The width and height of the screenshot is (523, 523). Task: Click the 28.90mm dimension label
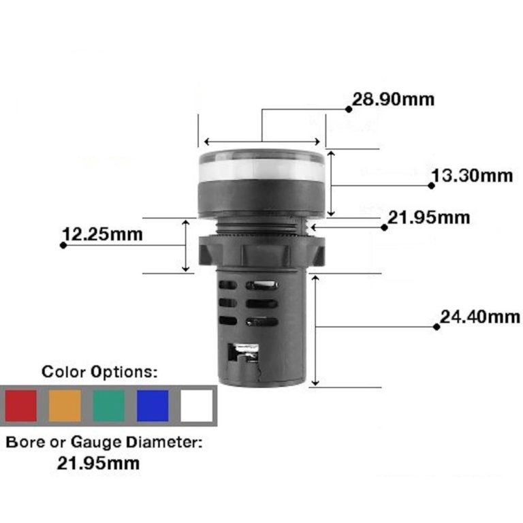tap(393, 99)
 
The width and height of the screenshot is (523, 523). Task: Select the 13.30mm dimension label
tap(473, 176)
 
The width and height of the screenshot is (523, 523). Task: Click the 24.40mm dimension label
tap(479, 317)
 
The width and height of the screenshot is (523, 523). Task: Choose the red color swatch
tap(20, 405)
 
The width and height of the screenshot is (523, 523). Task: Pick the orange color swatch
tap(65, 405)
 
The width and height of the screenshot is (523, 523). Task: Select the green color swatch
tap(109, 405)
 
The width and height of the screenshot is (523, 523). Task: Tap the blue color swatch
tap(153, 405)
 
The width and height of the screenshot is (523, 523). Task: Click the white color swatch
tap(197, 405)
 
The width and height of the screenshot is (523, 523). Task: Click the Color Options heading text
tap(100, 372)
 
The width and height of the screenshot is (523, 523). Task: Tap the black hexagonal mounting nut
tap(261, 249)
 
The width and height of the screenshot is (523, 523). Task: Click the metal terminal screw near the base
tap(242, 353)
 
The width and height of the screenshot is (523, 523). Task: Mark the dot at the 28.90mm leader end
tap(348, 108)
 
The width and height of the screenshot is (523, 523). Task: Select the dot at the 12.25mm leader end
tap(63, 244)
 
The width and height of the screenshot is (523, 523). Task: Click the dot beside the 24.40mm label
tap(437, 326)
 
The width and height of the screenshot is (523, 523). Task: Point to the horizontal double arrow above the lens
tap(261, 142)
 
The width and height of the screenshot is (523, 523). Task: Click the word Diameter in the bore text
tap(164, 442)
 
